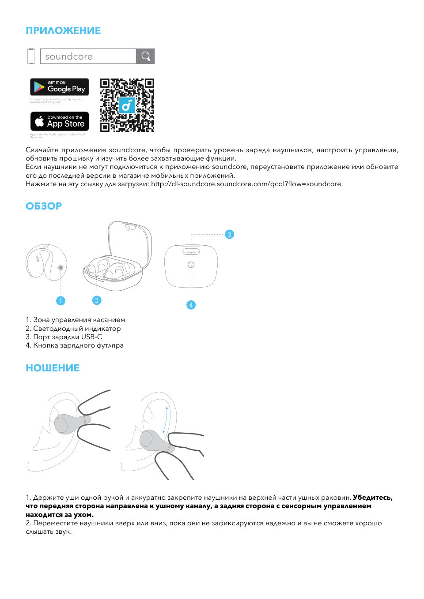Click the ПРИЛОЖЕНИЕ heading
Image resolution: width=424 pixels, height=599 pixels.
(63, 30)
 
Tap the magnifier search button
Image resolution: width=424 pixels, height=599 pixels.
(146, 56)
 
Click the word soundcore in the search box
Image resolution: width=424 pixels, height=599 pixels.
(69, 56)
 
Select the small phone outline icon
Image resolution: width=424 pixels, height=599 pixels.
(31, 56)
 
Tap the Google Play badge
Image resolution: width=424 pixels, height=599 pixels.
(60, 87)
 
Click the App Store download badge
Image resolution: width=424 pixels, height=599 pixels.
(60, 121)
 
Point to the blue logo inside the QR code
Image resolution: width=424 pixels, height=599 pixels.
(127, 105)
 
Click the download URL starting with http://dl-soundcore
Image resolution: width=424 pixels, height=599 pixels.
(246, 184)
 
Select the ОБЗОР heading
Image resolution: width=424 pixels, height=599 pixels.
(44, 206)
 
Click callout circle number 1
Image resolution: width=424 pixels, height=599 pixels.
(61, 301)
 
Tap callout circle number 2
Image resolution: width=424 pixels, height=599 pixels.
(97, 300)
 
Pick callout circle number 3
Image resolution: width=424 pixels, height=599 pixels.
(229, 234)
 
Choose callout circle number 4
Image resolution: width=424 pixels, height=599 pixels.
(191, 305)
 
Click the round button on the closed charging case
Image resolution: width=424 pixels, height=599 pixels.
(191, 265)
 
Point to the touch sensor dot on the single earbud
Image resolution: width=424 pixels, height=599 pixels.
(61, 268)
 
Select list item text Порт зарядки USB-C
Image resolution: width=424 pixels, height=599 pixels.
(68, 337)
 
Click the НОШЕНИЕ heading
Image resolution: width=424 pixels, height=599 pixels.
(53, 368)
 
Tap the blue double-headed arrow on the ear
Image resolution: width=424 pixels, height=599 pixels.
(165, 420)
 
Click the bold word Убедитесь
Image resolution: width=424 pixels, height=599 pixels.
(372, 498)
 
